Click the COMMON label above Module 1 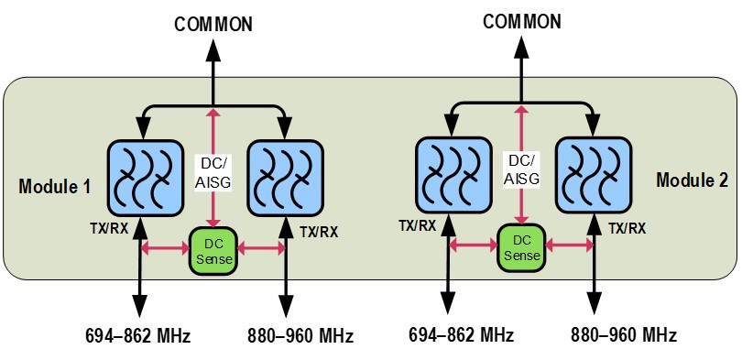[213, 24]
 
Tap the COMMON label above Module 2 [521, 21]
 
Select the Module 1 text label [54, 186]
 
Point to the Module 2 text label [693, 180]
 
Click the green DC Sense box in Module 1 [213, 251]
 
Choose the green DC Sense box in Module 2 [522, 248]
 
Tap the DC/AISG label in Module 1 [213, 170]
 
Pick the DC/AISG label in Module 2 [521, 168]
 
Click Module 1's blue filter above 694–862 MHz [145, 178]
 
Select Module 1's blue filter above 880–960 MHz [286, 178]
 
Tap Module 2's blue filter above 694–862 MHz [453, 175]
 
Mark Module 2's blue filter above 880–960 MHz [594, 175]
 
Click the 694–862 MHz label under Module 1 [138, 336]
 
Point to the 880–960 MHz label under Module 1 [300, 336]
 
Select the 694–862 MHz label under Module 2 [462, 335]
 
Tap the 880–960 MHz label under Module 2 [624, 335]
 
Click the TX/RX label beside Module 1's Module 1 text [109, 228]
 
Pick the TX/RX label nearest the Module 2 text [627, 228]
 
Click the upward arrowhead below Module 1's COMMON [213, 50]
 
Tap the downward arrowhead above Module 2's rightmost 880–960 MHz [594, 303]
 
